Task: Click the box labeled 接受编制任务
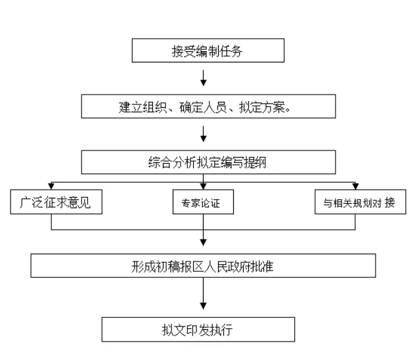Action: [208, 50]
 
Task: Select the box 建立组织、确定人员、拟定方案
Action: [208, 106]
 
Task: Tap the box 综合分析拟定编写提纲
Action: [208, 162]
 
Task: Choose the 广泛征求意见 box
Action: [56, 202]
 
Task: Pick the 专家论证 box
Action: [203, 202]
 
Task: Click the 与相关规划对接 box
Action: [360, 202]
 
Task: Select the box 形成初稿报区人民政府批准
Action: [203, 265]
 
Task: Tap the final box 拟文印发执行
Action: [198, 329]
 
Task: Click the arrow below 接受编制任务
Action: [204, 78]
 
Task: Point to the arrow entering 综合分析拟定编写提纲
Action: [204, 134]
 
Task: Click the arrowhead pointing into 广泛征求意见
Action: [51, 186]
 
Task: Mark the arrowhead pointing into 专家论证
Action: [204, 186]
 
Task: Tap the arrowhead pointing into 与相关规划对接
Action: [355, 186]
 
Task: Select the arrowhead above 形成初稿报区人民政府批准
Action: [204, 242]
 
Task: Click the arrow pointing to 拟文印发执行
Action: [204, 294]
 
